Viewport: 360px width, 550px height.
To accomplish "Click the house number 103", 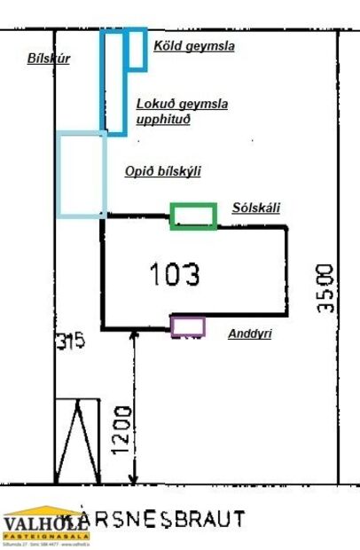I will point(175,275).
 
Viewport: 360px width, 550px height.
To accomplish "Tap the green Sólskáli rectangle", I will point(193,216).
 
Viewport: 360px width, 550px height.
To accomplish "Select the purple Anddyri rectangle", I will point(188,326).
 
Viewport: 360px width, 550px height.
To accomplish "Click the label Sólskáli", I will point(255,208).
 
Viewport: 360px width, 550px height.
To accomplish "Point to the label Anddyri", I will point(249,334).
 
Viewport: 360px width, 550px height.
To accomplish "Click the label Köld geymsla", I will point(194,46).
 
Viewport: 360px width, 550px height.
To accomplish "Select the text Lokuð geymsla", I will point(182,104).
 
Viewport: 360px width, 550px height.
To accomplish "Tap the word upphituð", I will point(164,119).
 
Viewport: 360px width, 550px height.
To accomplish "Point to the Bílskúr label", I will point(48,59).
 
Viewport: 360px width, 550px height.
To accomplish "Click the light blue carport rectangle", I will point(82,174).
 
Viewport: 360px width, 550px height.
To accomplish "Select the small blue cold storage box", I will point(137,49).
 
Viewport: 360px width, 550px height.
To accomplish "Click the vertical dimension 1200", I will point(122,431).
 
